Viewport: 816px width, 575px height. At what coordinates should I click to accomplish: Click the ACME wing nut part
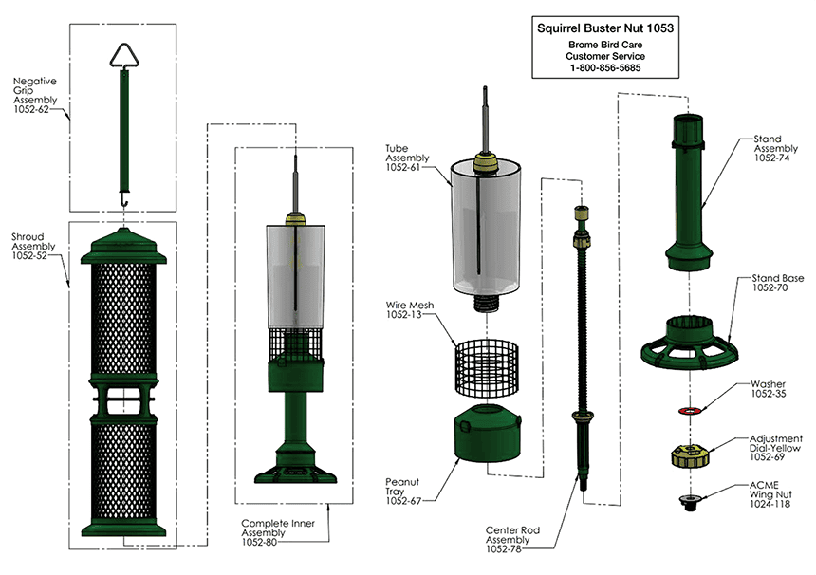coord(689,500)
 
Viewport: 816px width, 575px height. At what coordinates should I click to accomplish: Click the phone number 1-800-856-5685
coord(605,68)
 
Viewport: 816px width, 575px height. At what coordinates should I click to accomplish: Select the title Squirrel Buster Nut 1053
coord(605,28)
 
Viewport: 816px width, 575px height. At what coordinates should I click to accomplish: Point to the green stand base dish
coord(689,347)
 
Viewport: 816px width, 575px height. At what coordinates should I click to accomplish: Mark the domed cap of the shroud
coord(125,249)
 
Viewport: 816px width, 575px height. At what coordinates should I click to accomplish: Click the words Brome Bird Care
coord(605,45)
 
